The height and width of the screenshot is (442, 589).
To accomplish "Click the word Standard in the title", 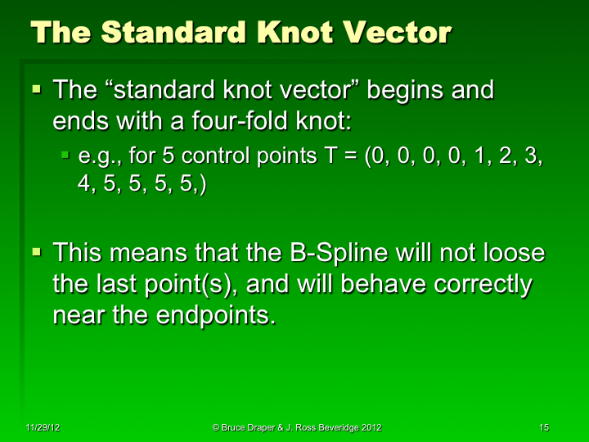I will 175,32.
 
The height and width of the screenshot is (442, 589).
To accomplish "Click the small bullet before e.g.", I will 68,154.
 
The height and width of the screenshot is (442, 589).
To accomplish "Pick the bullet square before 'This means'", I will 37,249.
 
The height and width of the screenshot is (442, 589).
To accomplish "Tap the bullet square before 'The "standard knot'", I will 37,86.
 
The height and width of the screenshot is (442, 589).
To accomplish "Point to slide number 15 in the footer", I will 544,427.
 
